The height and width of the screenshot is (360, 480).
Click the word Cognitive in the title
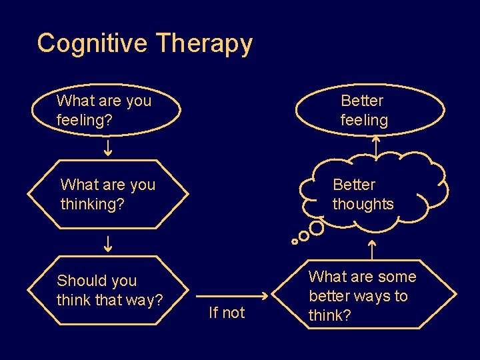point(93,43)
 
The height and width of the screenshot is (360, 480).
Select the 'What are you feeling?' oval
point(109,110)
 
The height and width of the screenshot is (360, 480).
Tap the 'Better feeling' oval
point(369,110)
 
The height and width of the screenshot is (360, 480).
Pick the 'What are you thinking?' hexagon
point(108,194)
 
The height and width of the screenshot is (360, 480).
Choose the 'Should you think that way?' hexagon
point(109,291)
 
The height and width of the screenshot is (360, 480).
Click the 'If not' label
point(227,312)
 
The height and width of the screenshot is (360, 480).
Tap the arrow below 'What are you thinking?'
point(108,243)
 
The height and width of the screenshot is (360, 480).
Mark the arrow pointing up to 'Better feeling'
point(376,146)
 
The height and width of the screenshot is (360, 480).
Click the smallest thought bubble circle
point(295,241)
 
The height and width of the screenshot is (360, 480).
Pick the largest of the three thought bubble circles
point(317,229)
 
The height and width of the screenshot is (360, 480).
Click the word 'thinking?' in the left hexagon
point(92,204)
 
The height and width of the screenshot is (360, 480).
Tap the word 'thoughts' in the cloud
point(363,204)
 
